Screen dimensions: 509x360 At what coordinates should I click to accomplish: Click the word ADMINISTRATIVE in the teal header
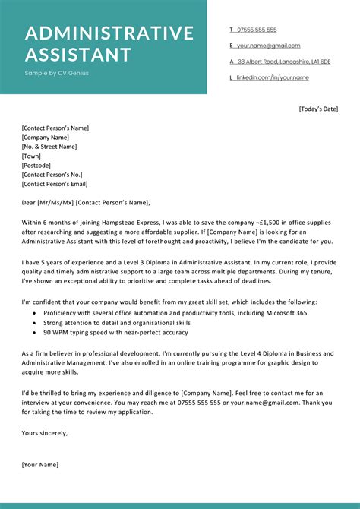(109, 33)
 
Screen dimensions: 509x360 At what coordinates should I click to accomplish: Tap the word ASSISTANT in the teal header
(78, 55)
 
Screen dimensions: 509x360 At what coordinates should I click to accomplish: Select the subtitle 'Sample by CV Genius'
(58, 73)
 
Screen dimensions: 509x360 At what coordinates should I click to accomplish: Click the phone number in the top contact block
(257, 30)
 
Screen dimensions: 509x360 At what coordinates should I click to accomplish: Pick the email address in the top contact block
(268, 46)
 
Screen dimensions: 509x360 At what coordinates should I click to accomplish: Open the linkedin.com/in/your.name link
(273, 77)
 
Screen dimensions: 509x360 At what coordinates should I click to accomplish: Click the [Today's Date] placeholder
(318, 109)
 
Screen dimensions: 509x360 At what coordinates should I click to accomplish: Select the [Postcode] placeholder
(36, 165)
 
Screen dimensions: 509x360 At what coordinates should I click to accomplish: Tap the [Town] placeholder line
(31, 156)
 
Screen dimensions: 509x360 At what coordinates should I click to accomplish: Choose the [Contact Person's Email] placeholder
(55, 184)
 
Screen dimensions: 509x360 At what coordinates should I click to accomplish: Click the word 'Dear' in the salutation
(29, 202)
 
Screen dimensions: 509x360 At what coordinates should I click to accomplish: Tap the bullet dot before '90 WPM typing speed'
(34, 332)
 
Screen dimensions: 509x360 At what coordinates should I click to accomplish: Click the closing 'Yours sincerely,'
(45, 432)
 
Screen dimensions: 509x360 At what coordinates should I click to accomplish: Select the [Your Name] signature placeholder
(40, 464)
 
